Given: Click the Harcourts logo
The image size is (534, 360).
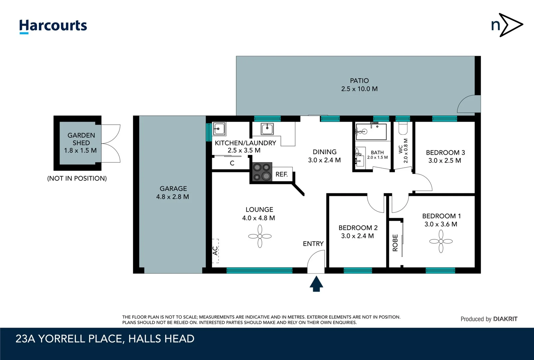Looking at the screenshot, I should tap(53, 26).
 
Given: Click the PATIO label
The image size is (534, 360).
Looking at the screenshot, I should tap(359, 81).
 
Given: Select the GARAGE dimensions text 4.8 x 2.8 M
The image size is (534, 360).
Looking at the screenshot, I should tap(173, 197).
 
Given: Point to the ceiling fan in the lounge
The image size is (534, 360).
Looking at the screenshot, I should tap(260, 236).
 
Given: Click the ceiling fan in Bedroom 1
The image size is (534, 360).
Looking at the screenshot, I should tap(441, 241).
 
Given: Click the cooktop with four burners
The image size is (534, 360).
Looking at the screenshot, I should tap(262, 172).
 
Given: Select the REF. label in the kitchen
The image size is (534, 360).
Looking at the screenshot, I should tap(281, 174).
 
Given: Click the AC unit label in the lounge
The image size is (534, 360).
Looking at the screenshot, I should tap(216, 251).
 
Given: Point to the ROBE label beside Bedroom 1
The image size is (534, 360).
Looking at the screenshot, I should tap(395, 243).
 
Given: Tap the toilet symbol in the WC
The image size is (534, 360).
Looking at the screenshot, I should tap(403, 128).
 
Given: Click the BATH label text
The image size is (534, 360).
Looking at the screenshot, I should tap(377, 152).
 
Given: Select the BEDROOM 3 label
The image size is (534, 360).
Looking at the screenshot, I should tap(445, 153).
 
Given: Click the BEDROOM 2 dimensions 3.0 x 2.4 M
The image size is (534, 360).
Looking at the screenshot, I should tap(357, 236).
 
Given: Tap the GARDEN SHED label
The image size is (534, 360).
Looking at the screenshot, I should tap(81, 139).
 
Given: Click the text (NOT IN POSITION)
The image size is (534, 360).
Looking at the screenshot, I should tap(77, 178).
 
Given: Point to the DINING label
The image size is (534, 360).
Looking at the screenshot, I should tap(324, 152).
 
